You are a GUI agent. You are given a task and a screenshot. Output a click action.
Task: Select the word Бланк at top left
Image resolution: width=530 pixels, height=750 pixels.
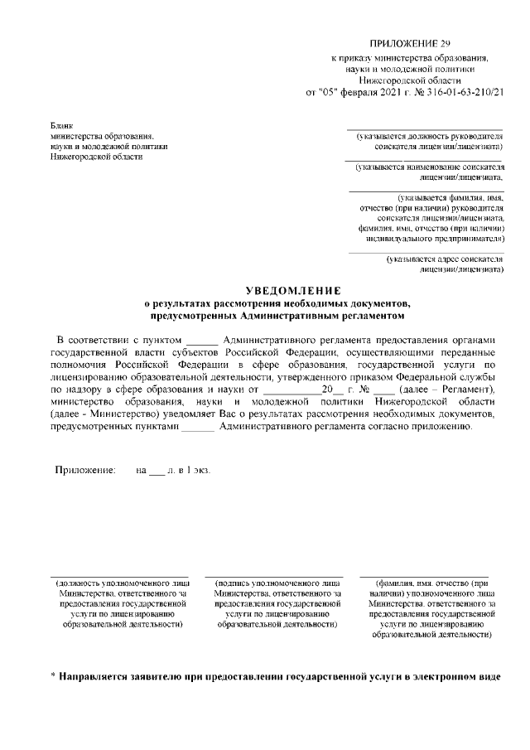point(62,125)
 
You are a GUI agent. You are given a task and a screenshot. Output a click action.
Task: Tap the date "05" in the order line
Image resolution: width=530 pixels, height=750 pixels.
point(330,91)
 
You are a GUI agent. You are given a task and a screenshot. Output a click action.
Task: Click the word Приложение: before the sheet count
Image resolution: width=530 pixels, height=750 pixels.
point(84,470)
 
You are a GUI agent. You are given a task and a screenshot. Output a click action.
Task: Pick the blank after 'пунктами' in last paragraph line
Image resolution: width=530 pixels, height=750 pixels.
point(197,427)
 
